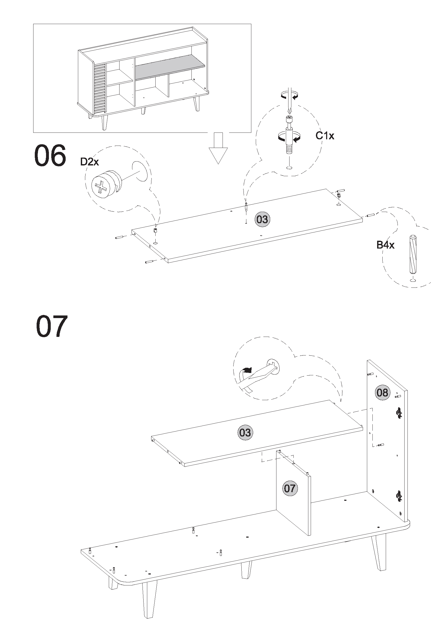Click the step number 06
click(x=50, y=156)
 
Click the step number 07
click(x=52, y=326)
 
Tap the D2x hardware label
click(x=89, y=162)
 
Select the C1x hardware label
click(x=325, y=135)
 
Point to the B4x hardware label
click(x=385, y=245)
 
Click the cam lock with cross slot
click(x=106, y=184)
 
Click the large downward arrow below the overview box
click(x=218, y=148)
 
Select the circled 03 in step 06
click(x=262, y=219)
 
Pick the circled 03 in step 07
click(x=245, y=433)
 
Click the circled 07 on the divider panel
click(x=290, y=488)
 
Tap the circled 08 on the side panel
click(x=382, y=393)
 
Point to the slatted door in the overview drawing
click(x=100, y=89)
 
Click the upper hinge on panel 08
click(x=399, y=413)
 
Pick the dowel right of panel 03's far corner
click(x=370, y=215)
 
